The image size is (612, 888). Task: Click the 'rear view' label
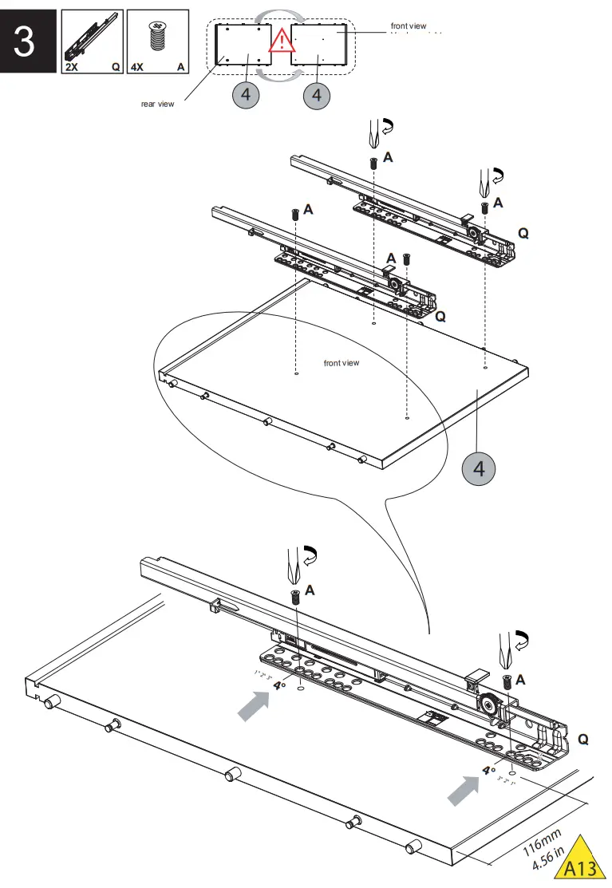[x=157, y=105]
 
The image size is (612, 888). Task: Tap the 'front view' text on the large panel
[x=342, y=363]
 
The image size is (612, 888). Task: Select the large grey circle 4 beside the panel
[x=479, y=468]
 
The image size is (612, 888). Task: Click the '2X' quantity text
[x=71, y=68]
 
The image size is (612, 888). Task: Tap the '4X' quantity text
[x=136, y=68]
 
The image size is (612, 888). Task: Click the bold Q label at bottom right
[x=582, y=740]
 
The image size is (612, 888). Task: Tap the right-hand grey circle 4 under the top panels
[x=317, y=95]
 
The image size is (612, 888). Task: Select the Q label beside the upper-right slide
[x=523, y=233]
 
